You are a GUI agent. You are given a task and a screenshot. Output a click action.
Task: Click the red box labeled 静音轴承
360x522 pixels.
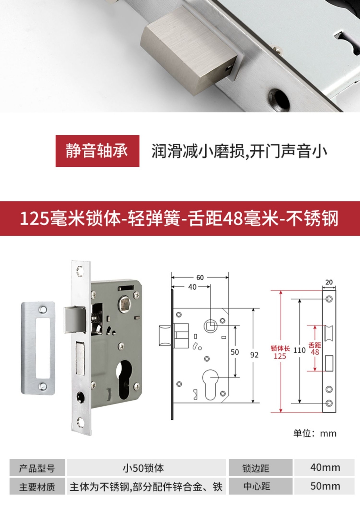pyautogui.click(x=97, y=151)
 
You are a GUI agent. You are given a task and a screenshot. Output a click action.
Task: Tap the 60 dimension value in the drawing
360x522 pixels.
pyautogui.click(x=200, y=277)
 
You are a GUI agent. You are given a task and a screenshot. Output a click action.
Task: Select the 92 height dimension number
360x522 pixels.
pyautogui.click(x=254, y=355)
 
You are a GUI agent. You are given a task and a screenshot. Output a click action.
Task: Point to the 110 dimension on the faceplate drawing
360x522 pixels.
pyautogui.click(x=300, y=350)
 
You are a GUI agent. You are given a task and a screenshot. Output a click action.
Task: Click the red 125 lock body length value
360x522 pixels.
pyautogui.click(x=280, y=356)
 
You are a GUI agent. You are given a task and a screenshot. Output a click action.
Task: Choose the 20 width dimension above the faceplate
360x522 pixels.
pyautogui.click(x=329, y=282)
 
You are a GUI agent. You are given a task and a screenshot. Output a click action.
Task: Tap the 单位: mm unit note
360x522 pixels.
pyautogui.click(x=315, y=434)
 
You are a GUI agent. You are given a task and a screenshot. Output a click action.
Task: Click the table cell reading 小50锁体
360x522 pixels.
pyautogui.click(x=146, y=467)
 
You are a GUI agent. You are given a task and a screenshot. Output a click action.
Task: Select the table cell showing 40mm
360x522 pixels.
pyautogui.click(x=324, y=467)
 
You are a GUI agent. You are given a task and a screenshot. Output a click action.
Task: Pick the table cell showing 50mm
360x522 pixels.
pyautogui.click(x=324, y=486)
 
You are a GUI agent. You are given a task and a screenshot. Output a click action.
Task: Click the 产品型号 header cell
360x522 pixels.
pyautogui.click(x=37, y=467)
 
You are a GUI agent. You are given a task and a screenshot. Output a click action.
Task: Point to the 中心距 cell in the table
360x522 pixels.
pyautogui.click(x=260, y=486)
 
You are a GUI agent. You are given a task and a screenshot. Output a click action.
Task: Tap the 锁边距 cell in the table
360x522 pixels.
pyautogui.click(x=260, y=467)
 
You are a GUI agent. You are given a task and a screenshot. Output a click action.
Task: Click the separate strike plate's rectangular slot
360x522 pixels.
pyautogui.click(x=43, y=348)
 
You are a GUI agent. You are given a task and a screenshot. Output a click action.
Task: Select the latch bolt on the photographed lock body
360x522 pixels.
pyautogui.click(x=74, y=319)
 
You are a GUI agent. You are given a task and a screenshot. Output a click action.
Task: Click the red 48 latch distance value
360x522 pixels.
pyautogui.click(x=315, y=352)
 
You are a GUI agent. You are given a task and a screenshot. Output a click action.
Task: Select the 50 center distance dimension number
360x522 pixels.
pyautogui.click(x=235, y=351)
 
